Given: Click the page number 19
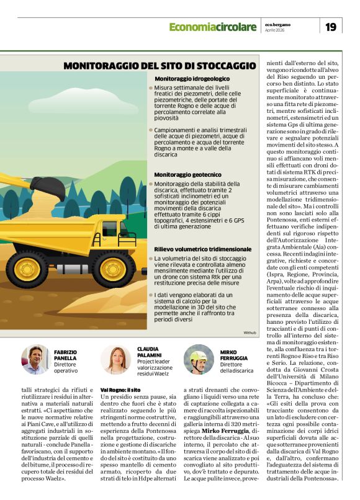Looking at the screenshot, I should coord(331,27).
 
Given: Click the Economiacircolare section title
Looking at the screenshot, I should coord(212,27).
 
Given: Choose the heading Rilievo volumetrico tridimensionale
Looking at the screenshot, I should coord(202,248).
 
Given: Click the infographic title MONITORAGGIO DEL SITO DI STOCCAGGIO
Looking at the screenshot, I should coord(160,65).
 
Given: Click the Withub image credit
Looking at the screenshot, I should coord(250,333).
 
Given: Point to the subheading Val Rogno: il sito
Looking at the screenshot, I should coord(118,388).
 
